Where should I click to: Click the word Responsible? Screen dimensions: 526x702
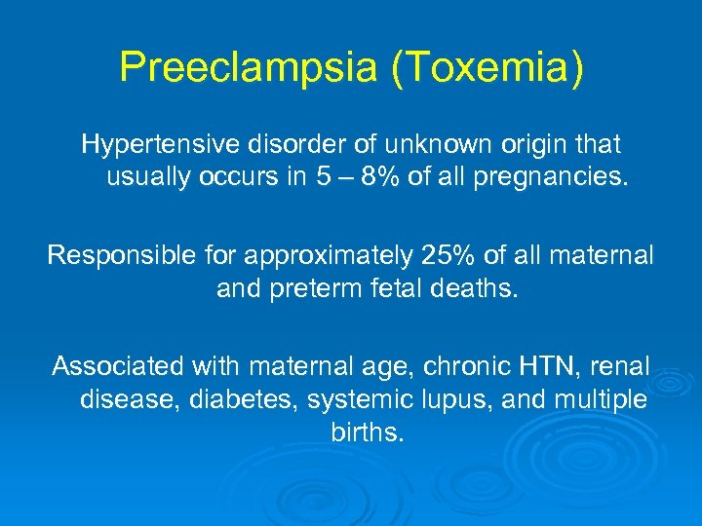pos(123,255)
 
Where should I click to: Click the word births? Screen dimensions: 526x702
pos(366,432)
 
